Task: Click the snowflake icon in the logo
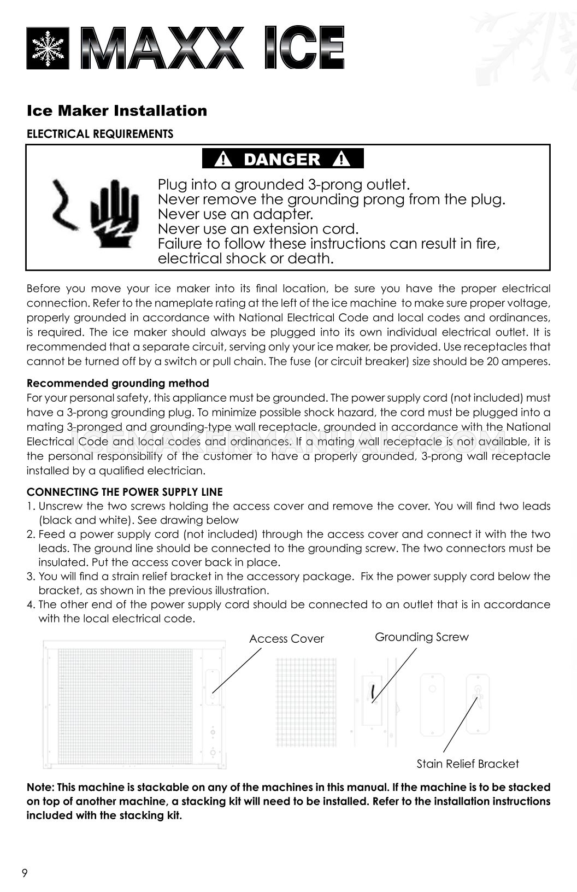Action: coord(48,49)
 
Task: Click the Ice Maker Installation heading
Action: coord(117,111)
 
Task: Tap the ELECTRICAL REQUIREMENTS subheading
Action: coord(100,134)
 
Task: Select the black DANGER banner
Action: coord(282,159)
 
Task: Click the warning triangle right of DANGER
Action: coord(342,160)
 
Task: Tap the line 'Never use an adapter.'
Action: coord(235,214)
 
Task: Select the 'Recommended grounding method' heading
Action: coord(118,383)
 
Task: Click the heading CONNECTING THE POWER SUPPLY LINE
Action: coord(125,492)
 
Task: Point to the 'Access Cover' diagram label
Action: coord(286,638)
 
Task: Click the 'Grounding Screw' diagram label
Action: coord(421,637)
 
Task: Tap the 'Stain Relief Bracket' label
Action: coord(468,764)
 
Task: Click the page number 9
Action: coord(24,873)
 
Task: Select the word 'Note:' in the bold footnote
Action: coord(40,788)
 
